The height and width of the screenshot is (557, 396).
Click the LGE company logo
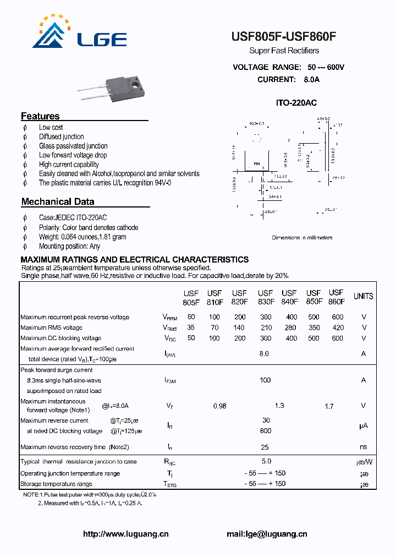tap(80, 34)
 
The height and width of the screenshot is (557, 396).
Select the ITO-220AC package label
tap(296, 103)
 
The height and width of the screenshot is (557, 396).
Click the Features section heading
tap(40, 116)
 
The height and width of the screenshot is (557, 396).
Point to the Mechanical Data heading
tap(58, 202)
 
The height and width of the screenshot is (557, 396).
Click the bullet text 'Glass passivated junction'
tap(73, 146)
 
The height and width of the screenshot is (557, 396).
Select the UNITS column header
tap(363, 296)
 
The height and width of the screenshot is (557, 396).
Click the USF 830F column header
tap(265, 297)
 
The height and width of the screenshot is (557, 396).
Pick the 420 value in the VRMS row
tap(337, 327)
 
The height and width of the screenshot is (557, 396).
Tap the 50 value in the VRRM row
tap(191, 317)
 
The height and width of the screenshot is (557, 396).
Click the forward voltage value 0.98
tap(219, 406)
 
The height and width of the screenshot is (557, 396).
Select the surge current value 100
tap(265, 380)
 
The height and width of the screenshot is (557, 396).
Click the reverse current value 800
tap(265, 431)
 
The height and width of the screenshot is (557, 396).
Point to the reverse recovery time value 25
tap(265, 447)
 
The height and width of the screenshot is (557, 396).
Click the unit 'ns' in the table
tap(363, 447)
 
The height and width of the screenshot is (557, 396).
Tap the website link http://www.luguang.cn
tap(125, 534)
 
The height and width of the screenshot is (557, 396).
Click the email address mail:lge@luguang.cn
tap(267, 534)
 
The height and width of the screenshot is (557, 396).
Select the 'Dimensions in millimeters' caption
tap(302, 238)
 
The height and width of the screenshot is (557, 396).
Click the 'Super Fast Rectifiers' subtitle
tap(284, 51)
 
